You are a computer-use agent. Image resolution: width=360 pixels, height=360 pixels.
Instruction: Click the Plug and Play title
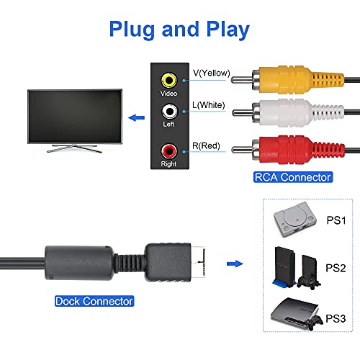pos(180,30)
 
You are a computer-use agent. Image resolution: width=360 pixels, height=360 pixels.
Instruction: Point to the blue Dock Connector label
pos(94,300)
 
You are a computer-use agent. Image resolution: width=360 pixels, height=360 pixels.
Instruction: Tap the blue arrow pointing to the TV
pos(133,118)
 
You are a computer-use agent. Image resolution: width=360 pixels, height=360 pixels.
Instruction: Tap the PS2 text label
pos(336,268)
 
